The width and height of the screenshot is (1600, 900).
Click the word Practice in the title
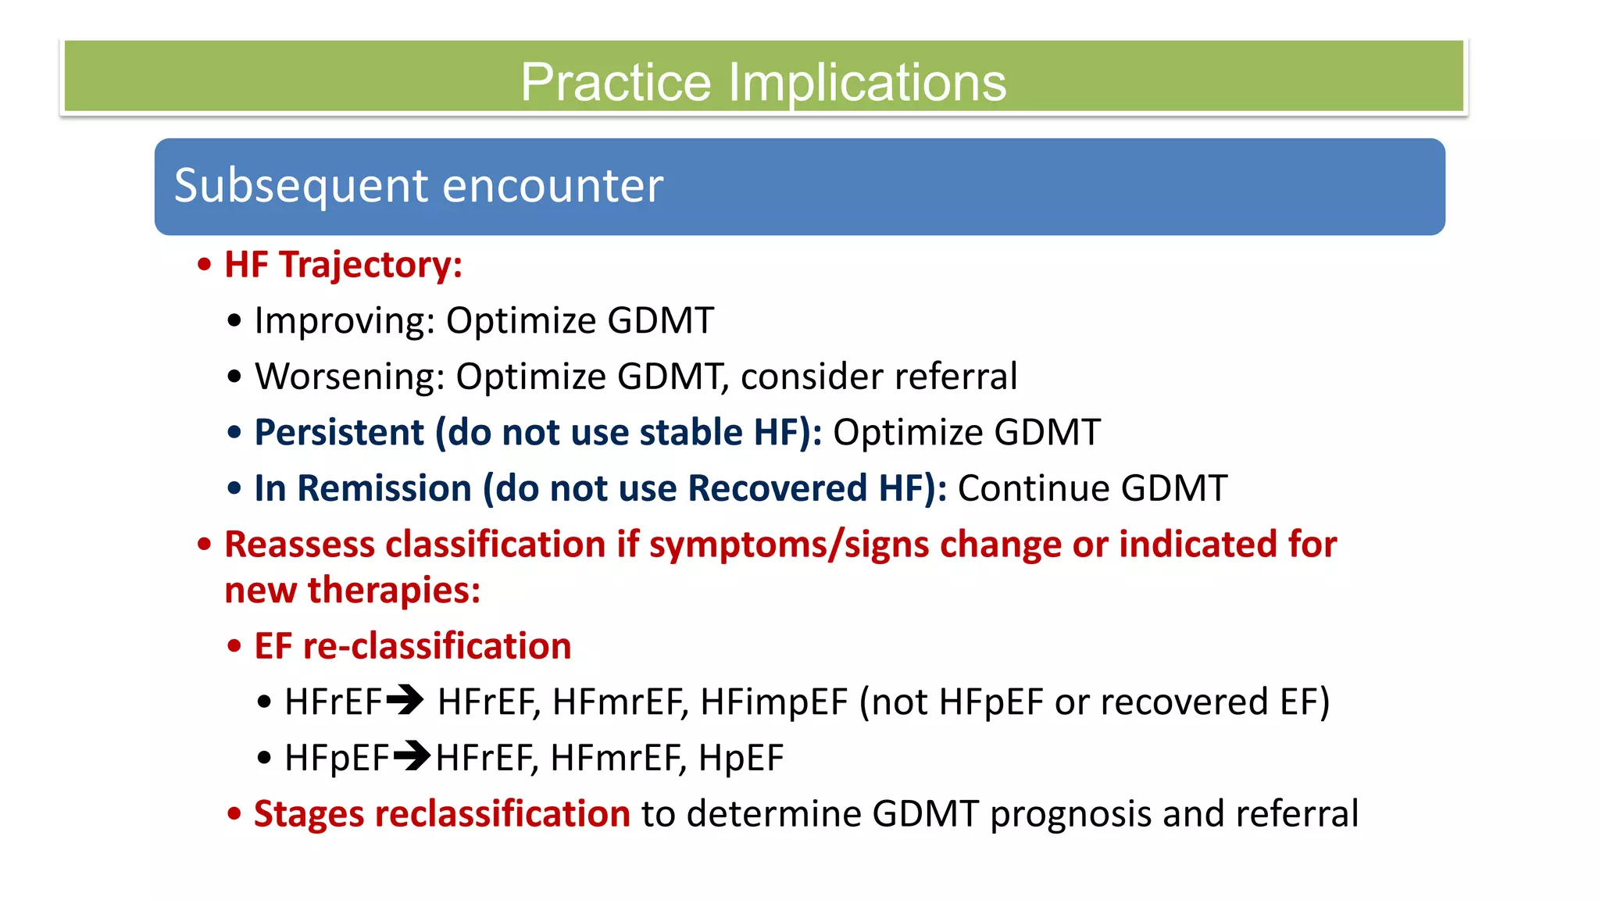[x=616, y=83]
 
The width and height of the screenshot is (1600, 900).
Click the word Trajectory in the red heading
[x=370, y=265]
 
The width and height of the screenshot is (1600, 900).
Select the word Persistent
[x=339, y=433]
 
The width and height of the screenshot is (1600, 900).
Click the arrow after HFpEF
[x=411, y=756]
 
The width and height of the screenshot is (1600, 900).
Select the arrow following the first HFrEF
[x=405, y=700]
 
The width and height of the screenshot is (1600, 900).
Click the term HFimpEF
[x=773, y=702]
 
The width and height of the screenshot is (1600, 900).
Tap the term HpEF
[x=741, y=758]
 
